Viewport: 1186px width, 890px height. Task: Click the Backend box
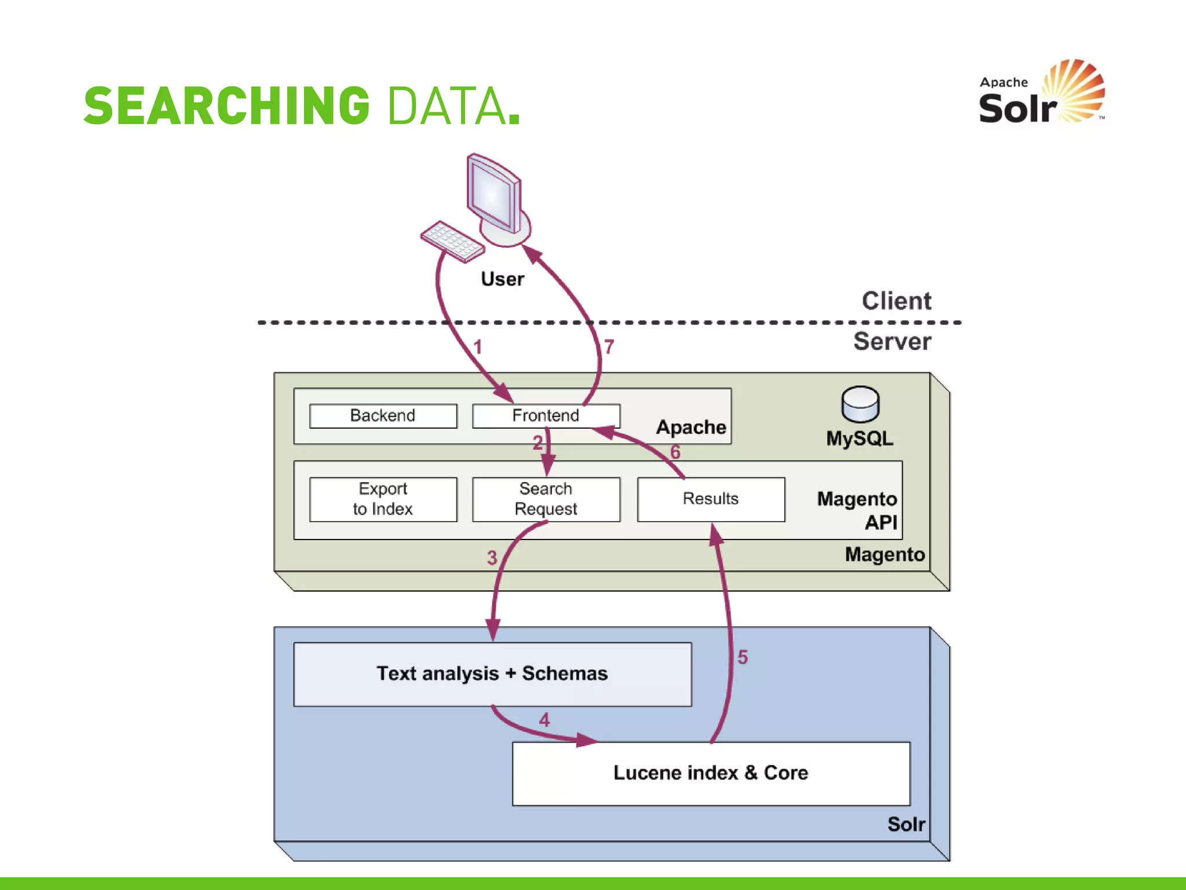[x=383, y=416]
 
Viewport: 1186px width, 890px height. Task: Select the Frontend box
[x=546, y=416]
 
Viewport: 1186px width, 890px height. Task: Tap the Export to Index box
[x=383, y=499]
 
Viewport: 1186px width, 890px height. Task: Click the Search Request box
[x=546, y=499]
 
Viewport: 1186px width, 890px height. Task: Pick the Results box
[x=711, y=499]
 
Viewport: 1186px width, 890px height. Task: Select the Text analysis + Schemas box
[x=492, y=674]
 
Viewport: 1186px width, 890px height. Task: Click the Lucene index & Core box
[x=711, y=773]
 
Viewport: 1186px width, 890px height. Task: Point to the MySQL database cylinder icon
[x=860, y=404]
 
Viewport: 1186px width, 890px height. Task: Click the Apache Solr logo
[x=1041, y=93]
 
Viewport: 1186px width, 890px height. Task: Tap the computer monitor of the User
[x=495, y=197]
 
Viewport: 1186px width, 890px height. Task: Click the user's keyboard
[x=452, y=241]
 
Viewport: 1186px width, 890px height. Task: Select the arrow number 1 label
[x=478, y=347]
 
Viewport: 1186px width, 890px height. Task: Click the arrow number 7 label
[x=609, y=346]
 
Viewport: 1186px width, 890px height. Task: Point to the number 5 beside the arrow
[x=742, y=657]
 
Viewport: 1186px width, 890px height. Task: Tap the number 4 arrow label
[x=544, y=720]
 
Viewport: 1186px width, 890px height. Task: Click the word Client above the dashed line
[x=896, y=301]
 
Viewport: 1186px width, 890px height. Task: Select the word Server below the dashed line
[x=892, y=341]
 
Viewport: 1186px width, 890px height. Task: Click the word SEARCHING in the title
[x=227, y=106]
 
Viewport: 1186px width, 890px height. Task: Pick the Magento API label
[x=857, y=510]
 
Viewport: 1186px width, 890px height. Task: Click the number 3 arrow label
[x=492, y=557]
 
